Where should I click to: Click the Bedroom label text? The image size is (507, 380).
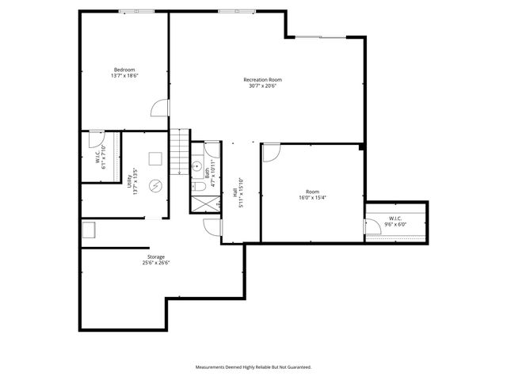tap(124, 70)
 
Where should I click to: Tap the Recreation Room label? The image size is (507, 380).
tap(262, 79)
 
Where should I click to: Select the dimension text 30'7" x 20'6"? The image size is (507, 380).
tap(262, 85)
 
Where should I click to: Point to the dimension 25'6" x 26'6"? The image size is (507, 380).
tap(156, 263)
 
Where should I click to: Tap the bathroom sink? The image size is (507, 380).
tap(196, 166)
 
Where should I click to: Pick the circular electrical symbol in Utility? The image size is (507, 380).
tap(156, 186)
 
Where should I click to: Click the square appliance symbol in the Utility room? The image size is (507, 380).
tap(155, 157)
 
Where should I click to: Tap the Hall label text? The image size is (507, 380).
tap(235, 192)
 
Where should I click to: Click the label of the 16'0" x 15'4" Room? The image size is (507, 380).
tap(312, 192)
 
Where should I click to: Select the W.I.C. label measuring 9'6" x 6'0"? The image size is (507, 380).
tap(396, 218)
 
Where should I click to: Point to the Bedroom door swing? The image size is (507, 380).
tap(161, 108)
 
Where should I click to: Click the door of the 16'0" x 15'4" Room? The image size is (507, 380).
tap(270, 151)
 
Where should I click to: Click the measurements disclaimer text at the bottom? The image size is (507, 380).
tap(253, 367)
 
